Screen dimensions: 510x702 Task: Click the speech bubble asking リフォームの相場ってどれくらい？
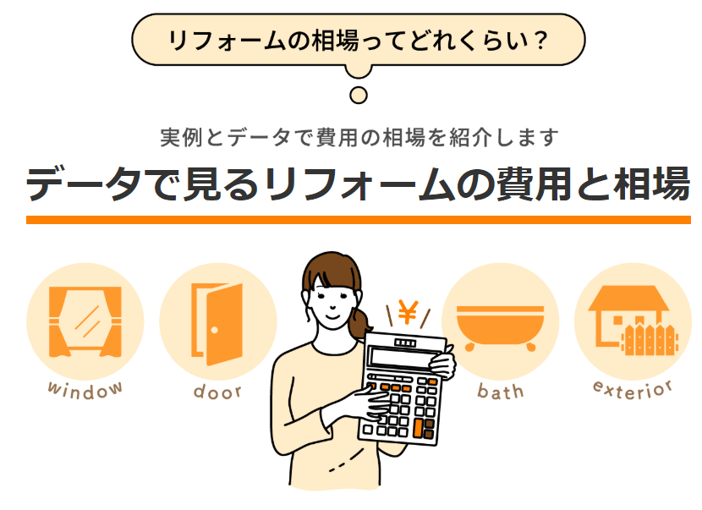358,39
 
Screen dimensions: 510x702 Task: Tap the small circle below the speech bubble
359,95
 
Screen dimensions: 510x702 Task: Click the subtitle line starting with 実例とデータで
359,136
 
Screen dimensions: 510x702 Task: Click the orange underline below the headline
359,220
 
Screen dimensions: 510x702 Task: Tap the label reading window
85,388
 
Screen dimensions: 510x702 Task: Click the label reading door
217,391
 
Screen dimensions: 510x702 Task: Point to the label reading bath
500,391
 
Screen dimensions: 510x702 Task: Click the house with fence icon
633,320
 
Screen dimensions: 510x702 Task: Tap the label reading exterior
633,388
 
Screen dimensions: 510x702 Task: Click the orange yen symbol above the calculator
409,314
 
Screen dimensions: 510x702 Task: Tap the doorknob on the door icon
215,329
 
